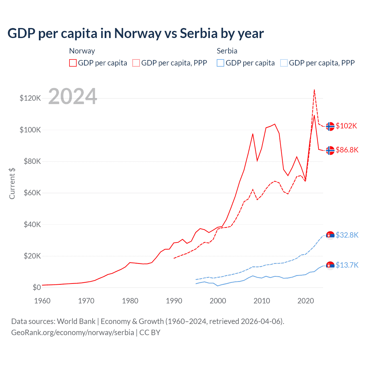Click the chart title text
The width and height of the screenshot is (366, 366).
[x=136, y=33]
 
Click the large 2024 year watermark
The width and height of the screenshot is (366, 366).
[x=73, y=96]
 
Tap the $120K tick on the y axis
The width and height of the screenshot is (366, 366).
[x=30, y=98]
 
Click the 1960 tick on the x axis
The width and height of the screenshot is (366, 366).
[x=42, y=301]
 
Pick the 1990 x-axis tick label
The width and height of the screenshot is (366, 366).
[x=174, y=301]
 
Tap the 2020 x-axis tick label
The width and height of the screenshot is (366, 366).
[x=306, y=301]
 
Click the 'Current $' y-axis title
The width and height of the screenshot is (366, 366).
[x=12, y=183]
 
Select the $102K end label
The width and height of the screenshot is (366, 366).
[x=346, y=126]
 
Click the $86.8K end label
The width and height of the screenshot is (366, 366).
[x=347, y=150]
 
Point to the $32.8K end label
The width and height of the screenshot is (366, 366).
[x=347, y=235]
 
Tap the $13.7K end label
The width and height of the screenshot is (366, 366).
[x=347, y=265]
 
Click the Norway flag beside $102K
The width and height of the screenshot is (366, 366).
[x=330, y=126]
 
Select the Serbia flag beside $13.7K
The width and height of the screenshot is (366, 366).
[x=330, y=266]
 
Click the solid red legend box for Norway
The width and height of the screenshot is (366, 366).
[x=73, y=63]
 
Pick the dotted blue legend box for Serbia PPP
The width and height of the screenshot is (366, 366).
[x=284, y=63]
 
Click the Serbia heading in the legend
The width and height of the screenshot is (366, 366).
[x=227, y=51]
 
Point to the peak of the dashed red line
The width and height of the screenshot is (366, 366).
[x=314, y=90]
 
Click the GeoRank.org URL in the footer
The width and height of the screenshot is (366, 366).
[x=73, y=333]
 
